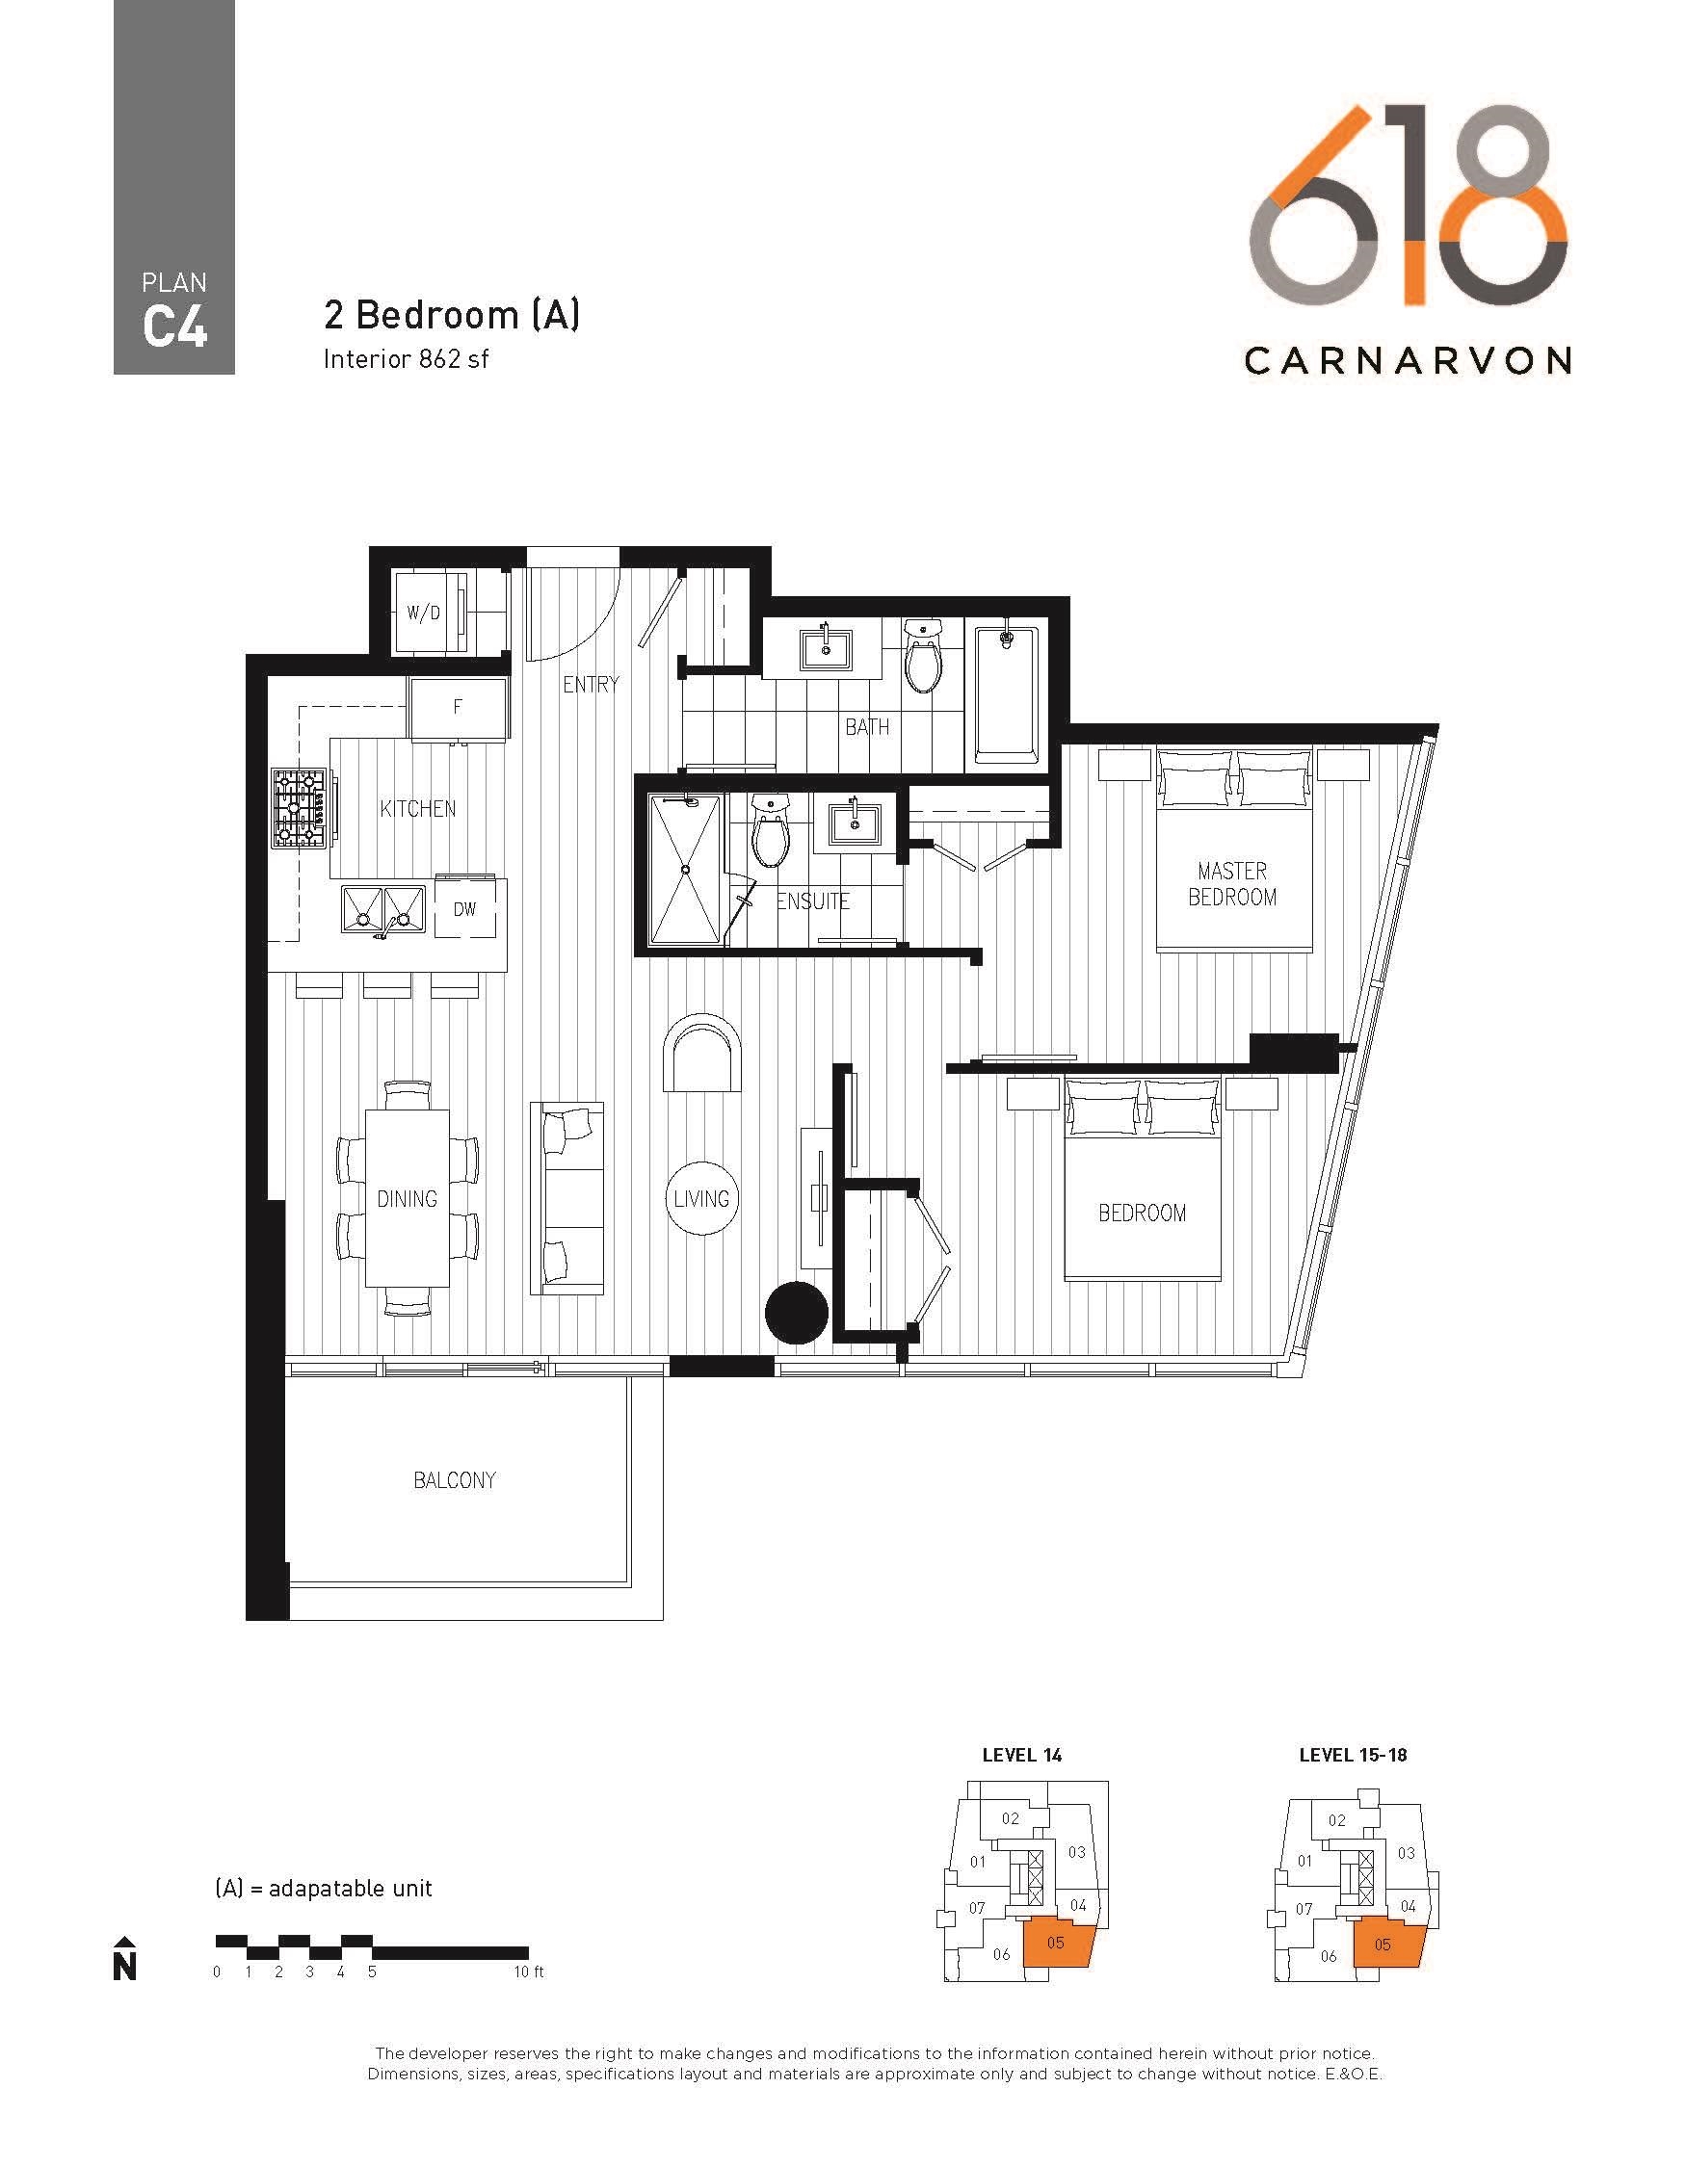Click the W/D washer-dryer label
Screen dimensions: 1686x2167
(x=424, y=614)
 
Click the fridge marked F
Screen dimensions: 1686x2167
(x=459, y=709)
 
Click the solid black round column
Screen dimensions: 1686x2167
(x=796, y=1313)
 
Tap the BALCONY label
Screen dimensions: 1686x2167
(x=455, y=1480)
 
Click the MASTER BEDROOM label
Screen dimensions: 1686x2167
(x=1232, y=884)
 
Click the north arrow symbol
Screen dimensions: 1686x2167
(x=124, y=1959)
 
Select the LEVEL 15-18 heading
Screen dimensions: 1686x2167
(x=1353, y=1755)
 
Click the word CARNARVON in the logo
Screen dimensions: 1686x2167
(x=1408, y=360)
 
